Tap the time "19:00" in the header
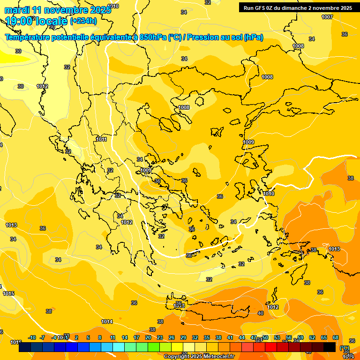pyautogui.click(x=19, y=21)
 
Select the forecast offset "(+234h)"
pyautogui.click(x=83, y=21)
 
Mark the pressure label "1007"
pyautogui.click(x=327, y=17)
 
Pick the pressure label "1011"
pyautogui.click(x=101, y=139)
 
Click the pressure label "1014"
pyautogui.click(x=107, y=322)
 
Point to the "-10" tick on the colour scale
pyautogui.click(x=32, y=337)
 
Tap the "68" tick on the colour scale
pyautogui.click(x=336, y=337)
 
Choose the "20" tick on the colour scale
pyautogui.click(x=148, y=337)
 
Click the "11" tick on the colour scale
pyautogui.click(x=112, y=337)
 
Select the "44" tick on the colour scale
pyautogui.click(x=242, y=337)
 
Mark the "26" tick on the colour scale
pyautogui.click(x=172, y=337)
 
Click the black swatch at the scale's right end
pyautogui.click(x=330, y=347)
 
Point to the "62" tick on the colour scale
pyautogui.click(x=312, y=337)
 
